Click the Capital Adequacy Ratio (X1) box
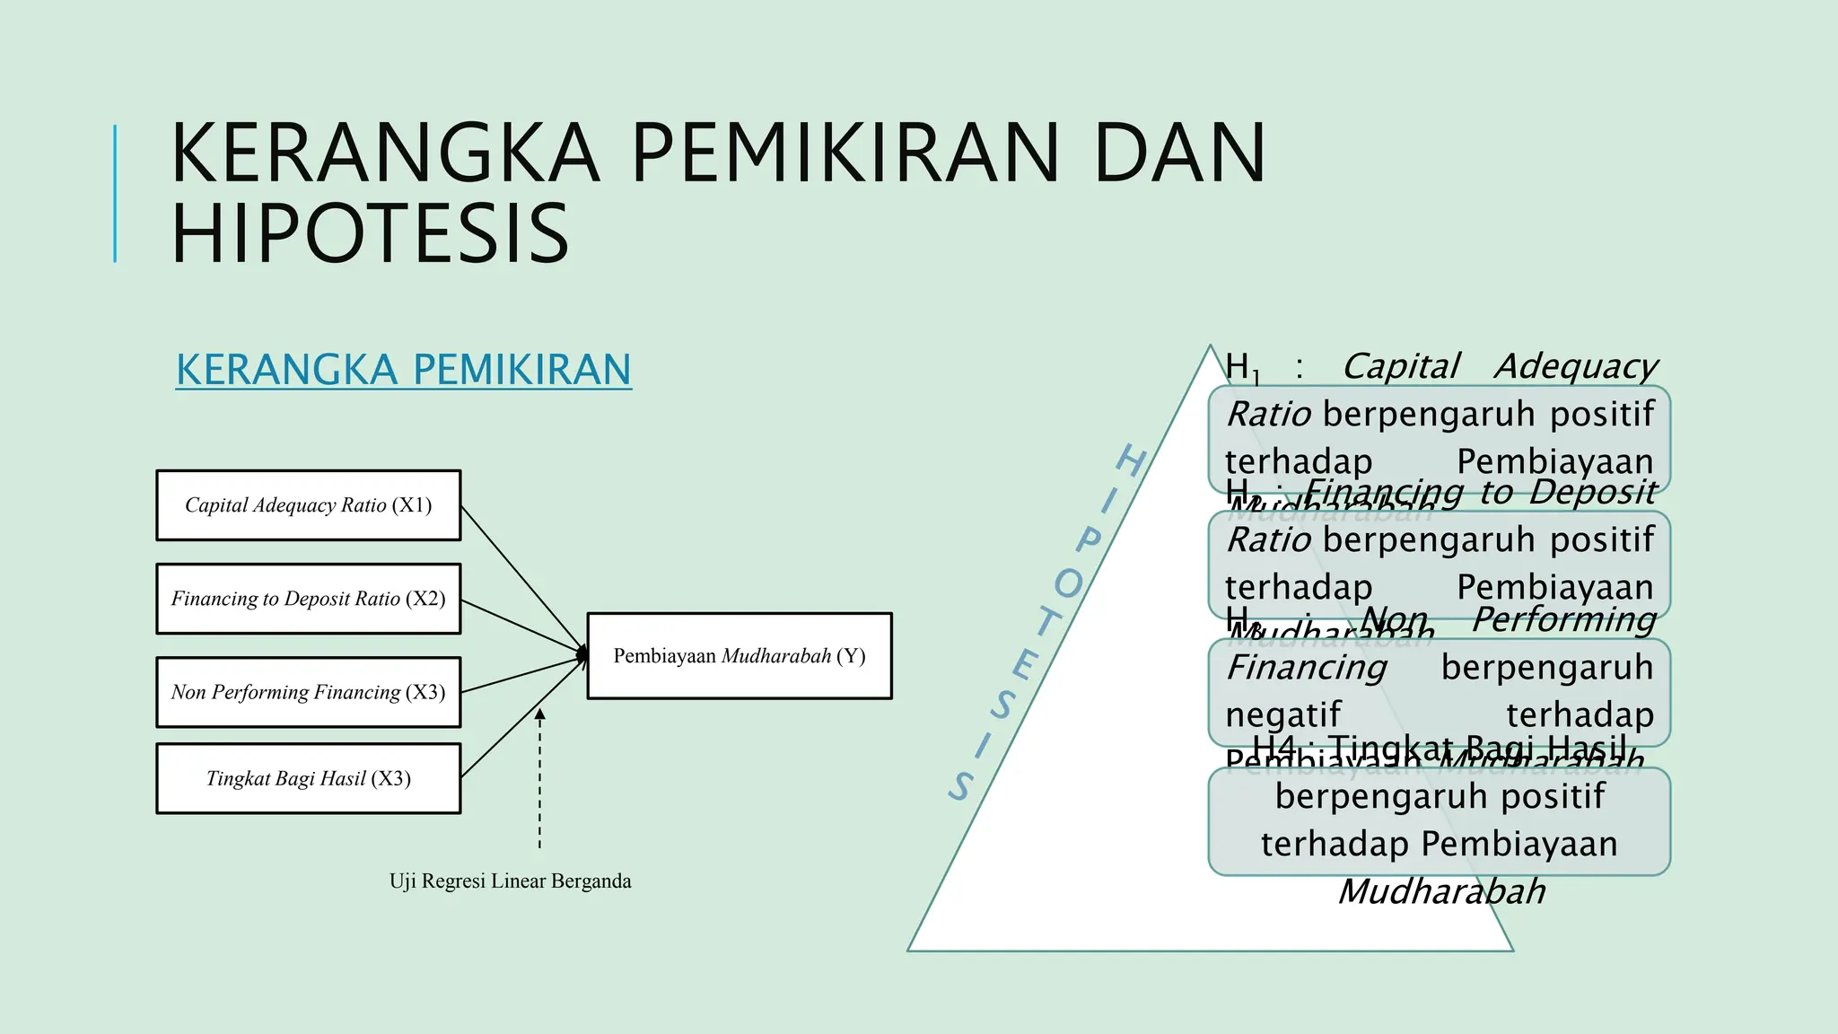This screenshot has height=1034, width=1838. pyautogui.click(x=308, y=505)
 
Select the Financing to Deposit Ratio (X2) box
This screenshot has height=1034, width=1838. pyautogui.click(x=308, y=599)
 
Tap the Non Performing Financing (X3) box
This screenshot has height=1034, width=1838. pyautogui.click(x=308, y=692)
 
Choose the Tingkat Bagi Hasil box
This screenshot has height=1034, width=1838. pyautogui.click(x=308, y=778)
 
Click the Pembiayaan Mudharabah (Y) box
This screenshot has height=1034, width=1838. pyautogui.click(x=739, y=656)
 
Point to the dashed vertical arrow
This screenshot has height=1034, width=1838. pyautogui.click(x=539, y=781)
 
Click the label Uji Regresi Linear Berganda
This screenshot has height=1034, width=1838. pyautogui.click(x=510, y=881)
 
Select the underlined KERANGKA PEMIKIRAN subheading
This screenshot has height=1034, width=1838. pyautogui.click(x=403, y=370)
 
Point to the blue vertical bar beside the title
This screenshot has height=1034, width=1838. pyautogui.click(x=115, y=193)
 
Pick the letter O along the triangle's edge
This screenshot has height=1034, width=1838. pyautogui.click(x=1068, y=584)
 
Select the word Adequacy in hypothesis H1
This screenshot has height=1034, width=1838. pyautogui.click(x=1576, y=366)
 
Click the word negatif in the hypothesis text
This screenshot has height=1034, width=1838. pyautogui.click(x=1282, y=715)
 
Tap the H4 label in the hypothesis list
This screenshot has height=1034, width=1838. pyautogui.click(x=1274, y=746)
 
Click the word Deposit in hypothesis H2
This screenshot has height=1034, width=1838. pyautogui.click(x=1593, y=492)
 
